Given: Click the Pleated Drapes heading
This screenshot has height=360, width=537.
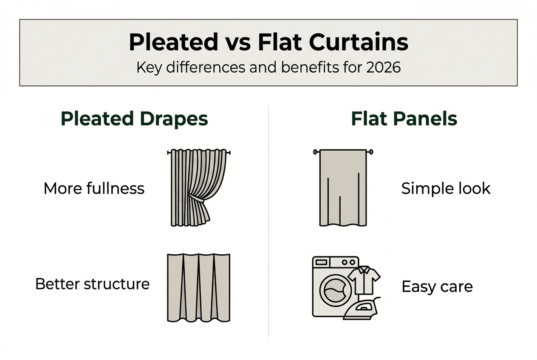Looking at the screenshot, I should point(134,119).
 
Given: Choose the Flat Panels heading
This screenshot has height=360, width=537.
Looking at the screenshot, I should point(404,119).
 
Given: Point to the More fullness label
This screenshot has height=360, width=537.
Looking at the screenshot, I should point(94,188).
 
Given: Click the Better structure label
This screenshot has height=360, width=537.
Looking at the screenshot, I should point(92,284).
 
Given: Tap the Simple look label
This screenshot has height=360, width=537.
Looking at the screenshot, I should point(446,188).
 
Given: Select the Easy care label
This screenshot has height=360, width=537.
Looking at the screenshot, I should point(437,287).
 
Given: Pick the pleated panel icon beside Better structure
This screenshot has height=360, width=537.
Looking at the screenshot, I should point(198,287).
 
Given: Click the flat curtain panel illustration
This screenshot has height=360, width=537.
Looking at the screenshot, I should point(343,187).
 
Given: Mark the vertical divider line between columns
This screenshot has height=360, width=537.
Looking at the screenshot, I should point(268,221).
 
